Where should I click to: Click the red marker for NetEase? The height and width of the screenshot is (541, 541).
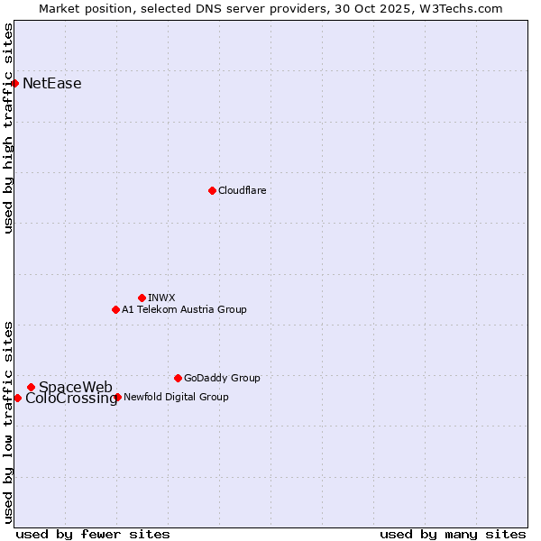[15, 84]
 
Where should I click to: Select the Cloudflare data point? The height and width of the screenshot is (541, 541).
[212, 190]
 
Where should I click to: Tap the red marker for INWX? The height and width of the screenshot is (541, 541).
[142, 298]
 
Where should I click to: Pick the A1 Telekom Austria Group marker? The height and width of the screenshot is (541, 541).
[115, 309]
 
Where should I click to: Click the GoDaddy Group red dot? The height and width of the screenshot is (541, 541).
[178, 378]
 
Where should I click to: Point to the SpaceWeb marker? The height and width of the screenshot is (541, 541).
[31, 387]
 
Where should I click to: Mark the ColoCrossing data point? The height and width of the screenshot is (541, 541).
[18, 398]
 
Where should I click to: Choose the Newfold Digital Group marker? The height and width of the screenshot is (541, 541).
[117, 397]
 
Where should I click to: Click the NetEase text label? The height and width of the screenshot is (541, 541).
[51, 84]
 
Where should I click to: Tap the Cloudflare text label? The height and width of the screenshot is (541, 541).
[242, 190]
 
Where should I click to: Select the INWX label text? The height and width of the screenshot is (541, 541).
[161, 298]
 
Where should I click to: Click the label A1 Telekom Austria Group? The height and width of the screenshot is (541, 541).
[184, 309]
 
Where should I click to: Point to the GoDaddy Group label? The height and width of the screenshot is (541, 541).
[222, 378]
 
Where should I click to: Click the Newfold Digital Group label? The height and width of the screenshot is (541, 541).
[176, 397]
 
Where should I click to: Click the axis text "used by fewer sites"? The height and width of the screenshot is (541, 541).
[93, 534]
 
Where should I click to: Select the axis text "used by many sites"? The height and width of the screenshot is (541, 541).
[453, 534]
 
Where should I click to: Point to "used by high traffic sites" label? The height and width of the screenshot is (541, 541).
[8, 128]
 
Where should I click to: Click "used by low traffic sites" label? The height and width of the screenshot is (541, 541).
[8, 422]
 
